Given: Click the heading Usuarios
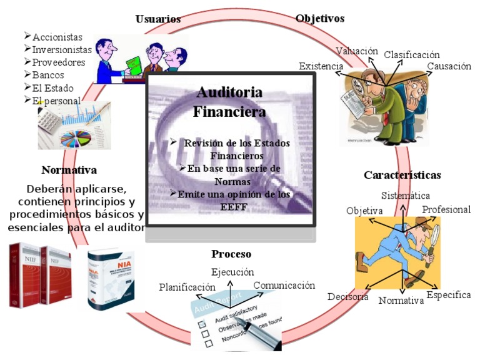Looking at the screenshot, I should click(x=158, y=19).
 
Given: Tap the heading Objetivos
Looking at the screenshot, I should click(x=320, y=19).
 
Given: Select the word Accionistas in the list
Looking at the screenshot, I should click(x=57, y=37).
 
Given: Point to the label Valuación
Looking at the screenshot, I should click(x=357, y=51).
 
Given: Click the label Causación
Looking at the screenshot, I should click(x=449, y=67).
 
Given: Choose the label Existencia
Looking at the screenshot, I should click(x=321, y=66).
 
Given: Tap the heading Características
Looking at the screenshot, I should click(x=402, y=175).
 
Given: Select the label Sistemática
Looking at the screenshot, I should click(x=406, y=196).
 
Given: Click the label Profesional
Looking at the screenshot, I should click(x=446, y=210).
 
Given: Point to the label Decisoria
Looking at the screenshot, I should click(x=348, y=296).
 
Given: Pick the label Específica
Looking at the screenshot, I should click(x=448, y=295).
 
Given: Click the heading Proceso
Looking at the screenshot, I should click(x=231, y=254).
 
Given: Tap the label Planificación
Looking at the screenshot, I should click(x=187, y=287).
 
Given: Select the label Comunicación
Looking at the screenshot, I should click(x=284, y=286).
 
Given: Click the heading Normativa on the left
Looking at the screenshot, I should click(x=69, y=170).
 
